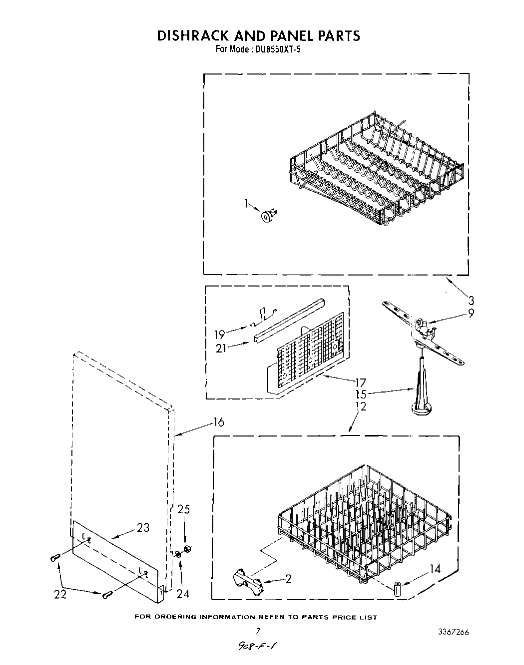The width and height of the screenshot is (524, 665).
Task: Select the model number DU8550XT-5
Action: tap(272, 49)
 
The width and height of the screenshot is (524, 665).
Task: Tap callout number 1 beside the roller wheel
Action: tap(246, 203)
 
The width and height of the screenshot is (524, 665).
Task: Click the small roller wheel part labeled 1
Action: tap(268, 215)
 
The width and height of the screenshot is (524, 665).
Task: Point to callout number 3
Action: tap(471, 300)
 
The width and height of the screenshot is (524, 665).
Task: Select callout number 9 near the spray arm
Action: tap(471, 313)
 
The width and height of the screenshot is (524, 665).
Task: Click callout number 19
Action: tap(219, 333)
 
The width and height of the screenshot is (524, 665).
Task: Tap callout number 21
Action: tap(220, 348)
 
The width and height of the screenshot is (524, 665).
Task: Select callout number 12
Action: tap(361, 406)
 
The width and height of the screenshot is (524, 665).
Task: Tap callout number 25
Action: tap(184, 509)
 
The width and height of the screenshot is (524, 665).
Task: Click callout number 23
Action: tap(143, 527)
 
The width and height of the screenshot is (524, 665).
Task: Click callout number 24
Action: tap(183, 593)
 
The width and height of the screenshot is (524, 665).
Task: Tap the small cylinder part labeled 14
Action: tap(398, 588)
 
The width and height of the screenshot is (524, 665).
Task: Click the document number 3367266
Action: tap(452, 631)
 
